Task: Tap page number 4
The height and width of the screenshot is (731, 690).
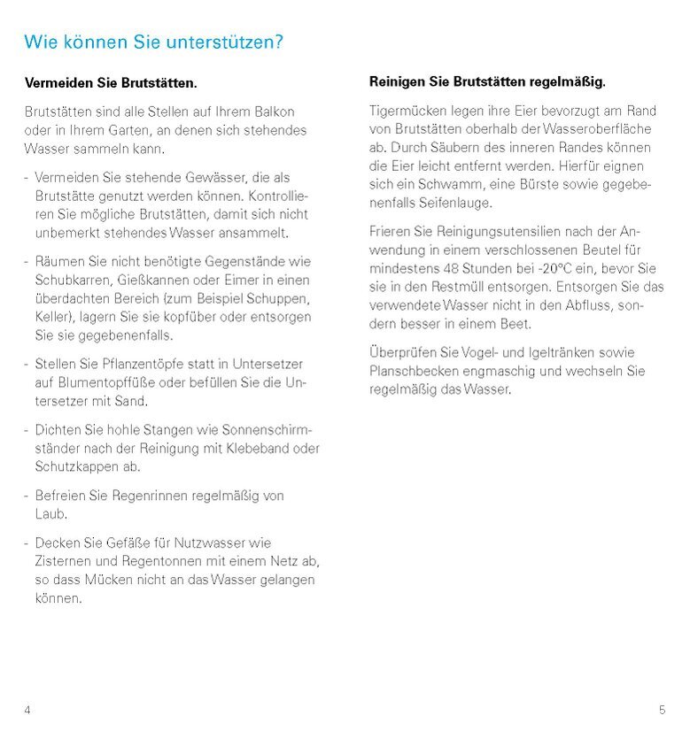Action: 27,710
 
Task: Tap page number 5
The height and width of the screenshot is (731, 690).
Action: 662,710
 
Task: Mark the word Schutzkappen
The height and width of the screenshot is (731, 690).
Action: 74,466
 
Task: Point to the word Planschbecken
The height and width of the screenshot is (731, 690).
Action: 412,371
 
